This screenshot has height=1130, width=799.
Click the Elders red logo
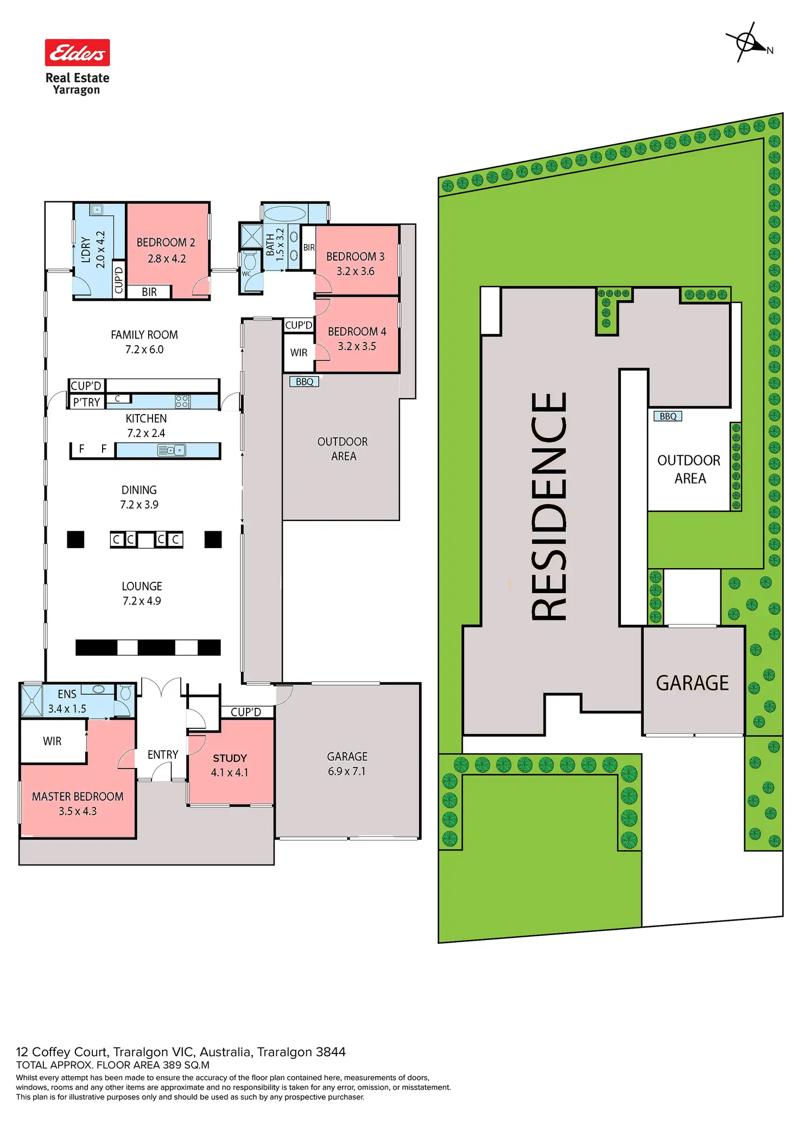[77, 53]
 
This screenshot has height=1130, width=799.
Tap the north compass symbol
[747, 42]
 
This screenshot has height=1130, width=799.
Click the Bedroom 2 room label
[166, 242]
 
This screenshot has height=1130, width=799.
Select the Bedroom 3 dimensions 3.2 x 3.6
[356, 271]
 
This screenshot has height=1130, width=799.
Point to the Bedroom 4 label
[357, 331]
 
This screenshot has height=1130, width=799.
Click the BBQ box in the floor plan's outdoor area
[305, 382]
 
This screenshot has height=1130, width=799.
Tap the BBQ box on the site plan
[668, 416]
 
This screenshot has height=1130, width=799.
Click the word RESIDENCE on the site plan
[549, 506]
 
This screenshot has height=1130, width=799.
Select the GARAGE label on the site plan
[692, 683]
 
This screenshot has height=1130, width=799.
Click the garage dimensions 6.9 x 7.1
[347, 771]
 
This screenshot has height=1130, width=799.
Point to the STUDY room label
[230, 758]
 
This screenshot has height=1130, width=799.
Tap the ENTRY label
[163, 754]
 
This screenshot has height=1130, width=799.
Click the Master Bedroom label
[78, 796]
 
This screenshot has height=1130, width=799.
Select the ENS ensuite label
[67, 694]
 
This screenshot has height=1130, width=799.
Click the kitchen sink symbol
[172, 450]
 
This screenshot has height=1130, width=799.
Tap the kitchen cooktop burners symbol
[182, 402]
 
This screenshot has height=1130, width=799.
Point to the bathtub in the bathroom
[284, 213]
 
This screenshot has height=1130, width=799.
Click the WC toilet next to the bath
[250, 261]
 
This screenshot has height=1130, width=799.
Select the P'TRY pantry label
[87, 402]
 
